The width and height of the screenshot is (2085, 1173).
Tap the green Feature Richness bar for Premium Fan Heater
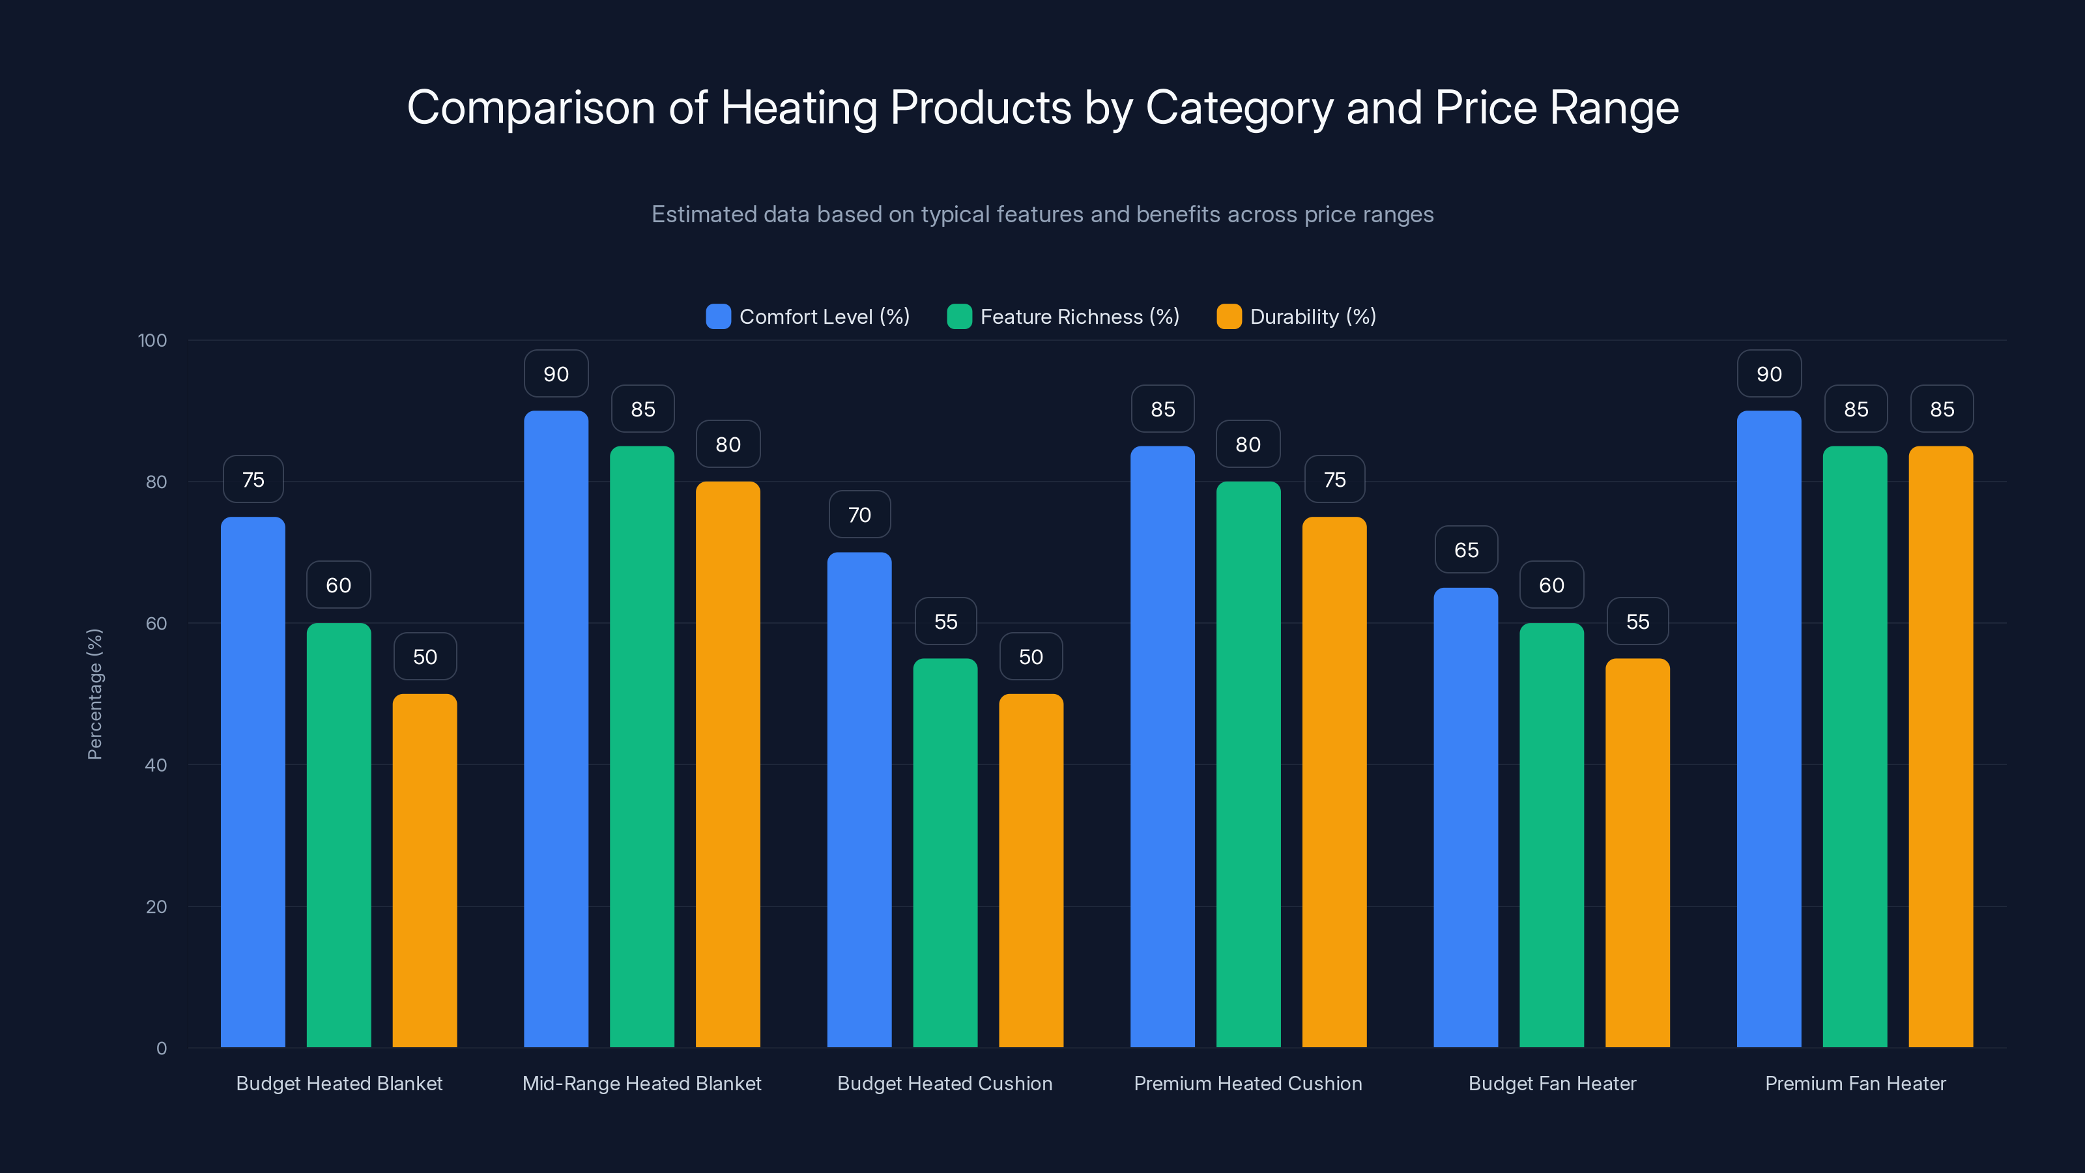tap(1854, 746)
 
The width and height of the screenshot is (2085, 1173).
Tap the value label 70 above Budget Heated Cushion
tap(859, 515)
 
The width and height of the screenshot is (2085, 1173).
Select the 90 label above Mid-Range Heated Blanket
tap(556, 374)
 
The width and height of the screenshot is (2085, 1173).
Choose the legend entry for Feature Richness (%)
tap(1063, 317)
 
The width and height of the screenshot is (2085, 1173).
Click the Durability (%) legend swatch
tap(1229, 317)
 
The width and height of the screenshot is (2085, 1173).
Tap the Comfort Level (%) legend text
tap(824, 317)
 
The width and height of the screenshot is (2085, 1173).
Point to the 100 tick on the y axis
tap(152, 340)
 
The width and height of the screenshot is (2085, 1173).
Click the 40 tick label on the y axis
tap(156, 765)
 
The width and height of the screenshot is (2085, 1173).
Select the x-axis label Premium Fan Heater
tap(1854, 1083)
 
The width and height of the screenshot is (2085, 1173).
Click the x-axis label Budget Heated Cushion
tap(945, 1083)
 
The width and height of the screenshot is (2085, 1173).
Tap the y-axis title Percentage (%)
tap(94, 694)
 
